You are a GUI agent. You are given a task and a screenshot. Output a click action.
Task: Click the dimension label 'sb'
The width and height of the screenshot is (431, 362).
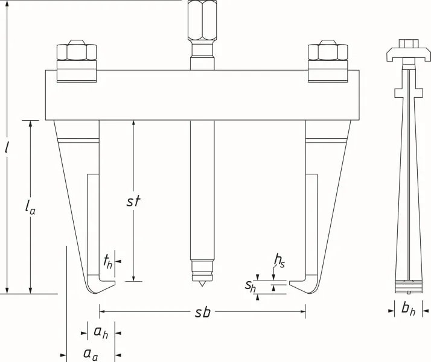point(203,312)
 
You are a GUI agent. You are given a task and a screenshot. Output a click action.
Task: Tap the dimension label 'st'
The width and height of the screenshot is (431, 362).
point(133,201)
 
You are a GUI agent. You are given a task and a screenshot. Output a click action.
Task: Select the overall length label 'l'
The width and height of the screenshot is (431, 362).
point(7,148)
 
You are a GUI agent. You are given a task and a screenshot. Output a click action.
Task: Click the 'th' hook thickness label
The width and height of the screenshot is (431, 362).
point(108,262)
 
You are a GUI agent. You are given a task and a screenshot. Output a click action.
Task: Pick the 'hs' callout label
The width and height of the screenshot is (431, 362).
point(279,261)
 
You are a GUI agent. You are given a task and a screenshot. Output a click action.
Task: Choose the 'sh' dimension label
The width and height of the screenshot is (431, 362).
point(251,286)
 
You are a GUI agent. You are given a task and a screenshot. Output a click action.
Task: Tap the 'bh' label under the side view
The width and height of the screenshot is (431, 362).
point(408,309)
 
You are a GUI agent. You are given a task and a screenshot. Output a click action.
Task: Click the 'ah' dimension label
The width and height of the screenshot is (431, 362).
point(101,332)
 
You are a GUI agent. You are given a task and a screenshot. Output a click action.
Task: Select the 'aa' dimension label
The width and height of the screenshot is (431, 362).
point(91,354)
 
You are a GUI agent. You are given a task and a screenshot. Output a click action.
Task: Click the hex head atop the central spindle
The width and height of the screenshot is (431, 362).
point(202,19)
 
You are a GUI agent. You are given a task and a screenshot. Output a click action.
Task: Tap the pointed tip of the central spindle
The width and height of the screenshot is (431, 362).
point(202,287)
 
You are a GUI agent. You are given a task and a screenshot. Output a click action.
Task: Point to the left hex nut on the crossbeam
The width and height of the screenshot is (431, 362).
point(77,51)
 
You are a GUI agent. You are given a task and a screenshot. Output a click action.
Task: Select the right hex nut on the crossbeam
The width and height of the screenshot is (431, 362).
point(328,51)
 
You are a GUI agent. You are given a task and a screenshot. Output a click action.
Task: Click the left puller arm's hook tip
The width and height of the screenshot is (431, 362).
point(115,283)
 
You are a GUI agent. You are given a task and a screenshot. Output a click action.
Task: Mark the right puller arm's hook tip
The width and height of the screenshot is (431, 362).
point(289,283)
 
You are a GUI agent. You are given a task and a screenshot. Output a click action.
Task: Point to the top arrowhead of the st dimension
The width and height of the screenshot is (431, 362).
point(133,123)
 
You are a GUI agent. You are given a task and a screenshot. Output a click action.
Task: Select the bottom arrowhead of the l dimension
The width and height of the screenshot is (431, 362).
point(7,291)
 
